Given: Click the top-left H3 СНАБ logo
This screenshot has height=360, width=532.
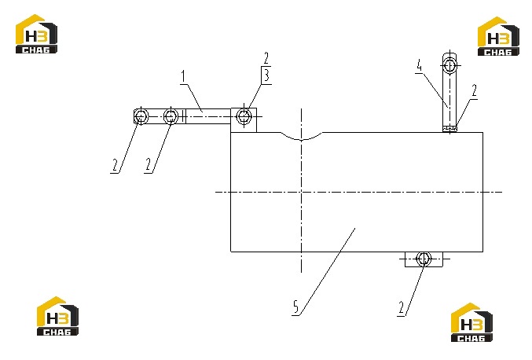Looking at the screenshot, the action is (36, 34).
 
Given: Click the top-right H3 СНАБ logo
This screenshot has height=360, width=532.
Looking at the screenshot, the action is (498, 36).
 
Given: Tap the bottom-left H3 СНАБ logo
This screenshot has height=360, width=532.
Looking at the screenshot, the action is (57, 316).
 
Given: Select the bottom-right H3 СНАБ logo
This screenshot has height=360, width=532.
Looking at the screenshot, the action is (471, 322).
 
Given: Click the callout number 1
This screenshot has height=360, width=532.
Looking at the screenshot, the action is (184, 76).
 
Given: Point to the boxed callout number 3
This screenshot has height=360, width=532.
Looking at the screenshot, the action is (266, 75).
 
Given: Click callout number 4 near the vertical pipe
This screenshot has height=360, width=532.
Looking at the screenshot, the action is (420, 65).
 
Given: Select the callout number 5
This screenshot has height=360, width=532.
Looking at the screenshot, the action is (295, 307).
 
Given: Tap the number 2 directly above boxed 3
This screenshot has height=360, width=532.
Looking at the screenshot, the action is (266, 58).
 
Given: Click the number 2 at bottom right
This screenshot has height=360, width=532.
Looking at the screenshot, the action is (402, 308).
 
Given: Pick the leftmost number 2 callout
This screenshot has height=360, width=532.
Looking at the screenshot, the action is (115, 165).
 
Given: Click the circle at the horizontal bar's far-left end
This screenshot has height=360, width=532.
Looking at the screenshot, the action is (141, 116).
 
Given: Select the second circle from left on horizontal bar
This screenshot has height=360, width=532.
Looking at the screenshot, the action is (171, 116).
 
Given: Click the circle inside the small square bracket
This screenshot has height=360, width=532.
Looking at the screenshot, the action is (244, 116).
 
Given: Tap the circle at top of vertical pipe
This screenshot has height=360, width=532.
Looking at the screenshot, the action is (449, 64).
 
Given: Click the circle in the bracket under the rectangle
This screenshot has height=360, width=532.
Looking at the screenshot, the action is (424, 259).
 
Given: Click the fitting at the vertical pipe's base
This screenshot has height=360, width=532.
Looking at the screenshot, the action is (450, 129).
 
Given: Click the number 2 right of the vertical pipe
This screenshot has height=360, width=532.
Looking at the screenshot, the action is (474, 90).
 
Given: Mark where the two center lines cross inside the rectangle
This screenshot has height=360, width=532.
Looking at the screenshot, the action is (301, 192).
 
